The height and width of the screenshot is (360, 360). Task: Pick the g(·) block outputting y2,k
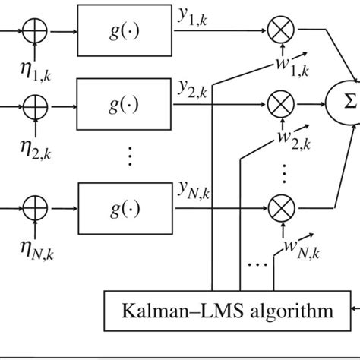(x=124, y=101)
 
